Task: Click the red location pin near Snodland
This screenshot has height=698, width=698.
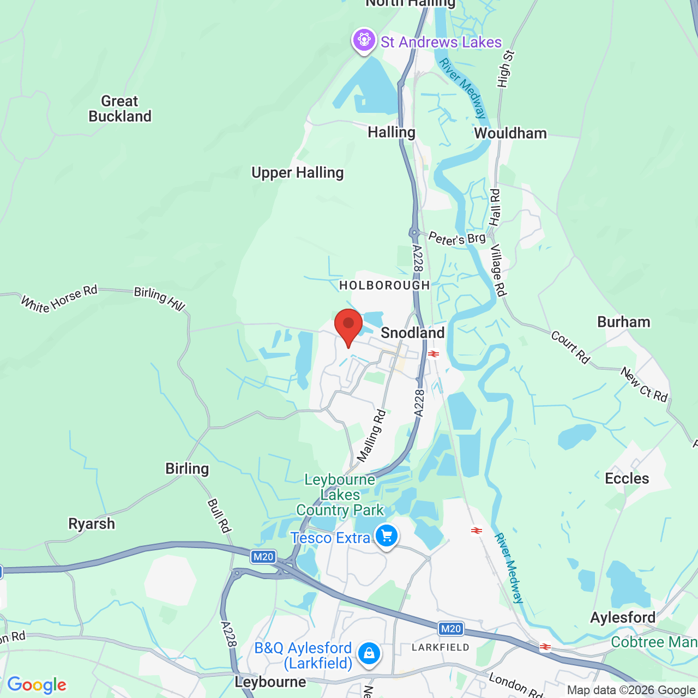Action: coord(348,326)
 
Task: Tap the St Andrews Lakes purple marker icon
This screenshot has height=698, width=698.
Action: coord(364,40)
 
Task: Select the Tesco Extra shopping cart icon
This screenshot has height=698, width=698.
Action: coord(387,537)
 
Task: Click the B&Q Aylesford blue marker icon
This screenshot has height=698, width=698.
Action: coord(369,653)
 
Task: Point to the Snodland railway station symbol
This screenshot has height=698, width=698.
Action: coord(434,354)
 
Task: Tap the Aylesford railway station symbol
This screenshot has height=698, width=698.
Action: coord(545,647)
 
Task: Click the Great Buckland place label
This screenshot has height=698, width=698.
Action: coord(120,109)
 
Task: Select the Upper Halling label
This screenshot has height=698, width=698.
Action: coord(297,173)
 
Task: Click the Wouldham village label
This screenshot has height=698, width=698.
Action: coord(510,133)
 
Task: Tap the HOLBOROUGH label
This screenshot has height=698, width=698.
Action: coord(384,285)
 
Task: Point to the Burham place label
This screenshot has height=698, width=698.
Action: coord(624,322)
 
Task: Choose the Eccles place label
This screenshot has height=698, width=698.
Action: coord(627,478)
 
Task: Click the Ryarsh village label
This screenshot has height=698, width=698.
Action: coord(92,523)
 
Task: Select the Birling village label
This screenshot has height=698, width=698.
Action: coord(187,468)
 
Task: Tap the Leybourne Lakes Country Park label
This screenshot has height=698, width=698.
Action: coord(340,495)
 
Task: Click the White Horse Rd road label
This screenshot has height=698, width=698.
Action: coord(59,298)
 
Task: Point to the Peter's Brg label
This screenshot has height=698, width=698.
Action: coord(456,238)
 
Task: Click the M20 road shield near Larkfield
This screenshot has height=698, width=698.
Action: coord(450,629)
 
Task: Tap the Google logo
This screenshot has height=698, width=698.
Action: coord(37,685)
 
